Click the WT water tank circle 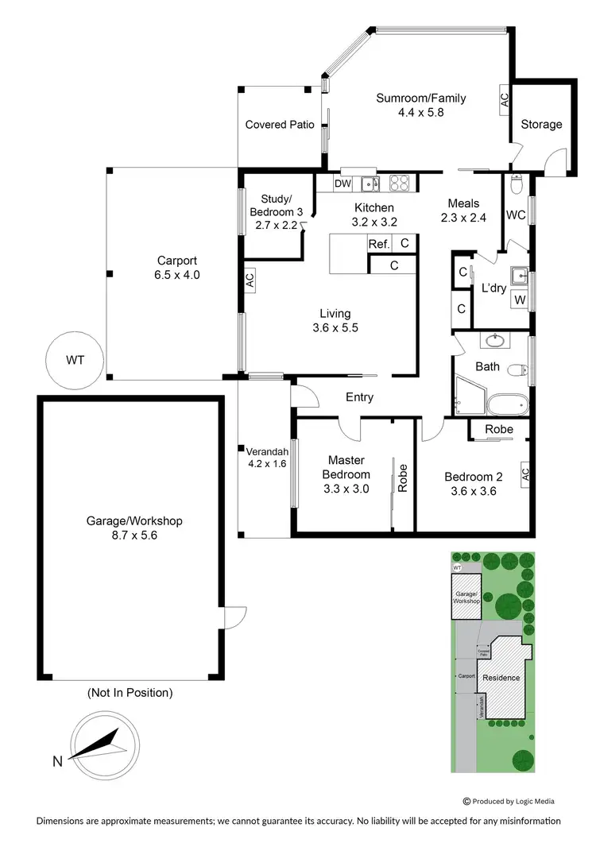point(75,360)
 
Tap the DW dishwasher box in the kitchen point(343,184)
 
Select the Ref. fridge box point(378,244)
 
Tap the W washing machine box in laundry point(519,300)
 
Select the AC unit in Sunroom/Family point(504,100)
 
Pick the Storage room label point(541,124)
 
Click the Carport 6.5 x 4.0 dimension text point(177,275)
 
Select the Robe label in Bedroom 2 point(499,429)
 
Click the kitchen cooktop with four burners point(399,184)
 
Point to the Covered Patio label point(280,125)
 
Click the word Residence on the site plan point(501,678)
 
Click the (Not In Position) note point(130,693)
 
